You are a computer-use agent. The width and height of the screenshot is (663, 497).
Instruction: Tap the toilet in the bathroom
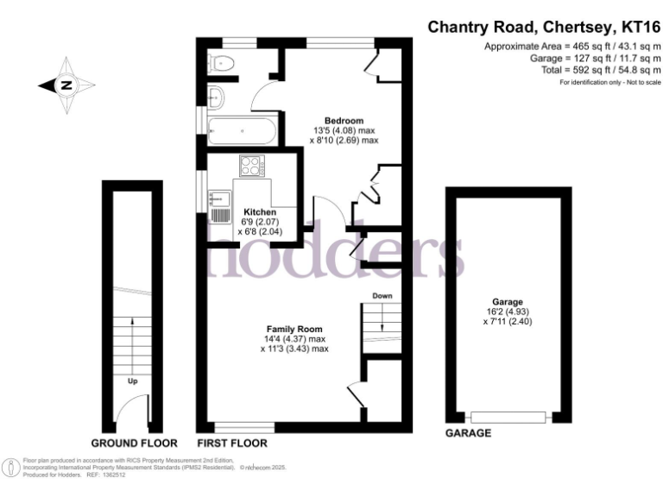(x=224, y=61)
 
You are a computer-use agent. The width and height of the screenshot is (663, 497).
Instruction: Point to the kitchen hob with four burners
(x=253, y=165)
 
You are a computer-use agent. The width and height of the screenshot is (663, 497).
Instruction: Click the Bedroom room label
(x=344, y=120)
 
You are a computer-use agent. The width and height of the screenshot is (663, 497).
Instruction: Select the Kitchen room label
(x=260, y=211)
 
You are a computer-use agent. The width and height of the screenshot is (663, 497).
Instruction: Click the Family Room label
(x=294, y=329)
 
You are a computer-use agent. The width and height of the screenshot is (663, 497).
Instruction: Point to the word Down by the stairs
(x=382, y=296)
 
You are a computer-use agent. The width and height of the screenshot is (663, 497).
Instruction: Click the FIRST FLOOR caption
(x=232, y=443)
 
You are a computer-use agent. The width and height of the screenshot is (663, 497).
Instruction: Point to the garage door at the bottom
(x=508, y=418)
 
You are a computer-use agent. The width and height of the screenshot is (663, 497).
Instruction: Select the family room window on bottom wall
(x=244, y=425)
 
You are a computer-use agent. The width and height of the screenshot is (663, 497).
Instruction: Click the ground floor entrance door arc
(x=130, y=409)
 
